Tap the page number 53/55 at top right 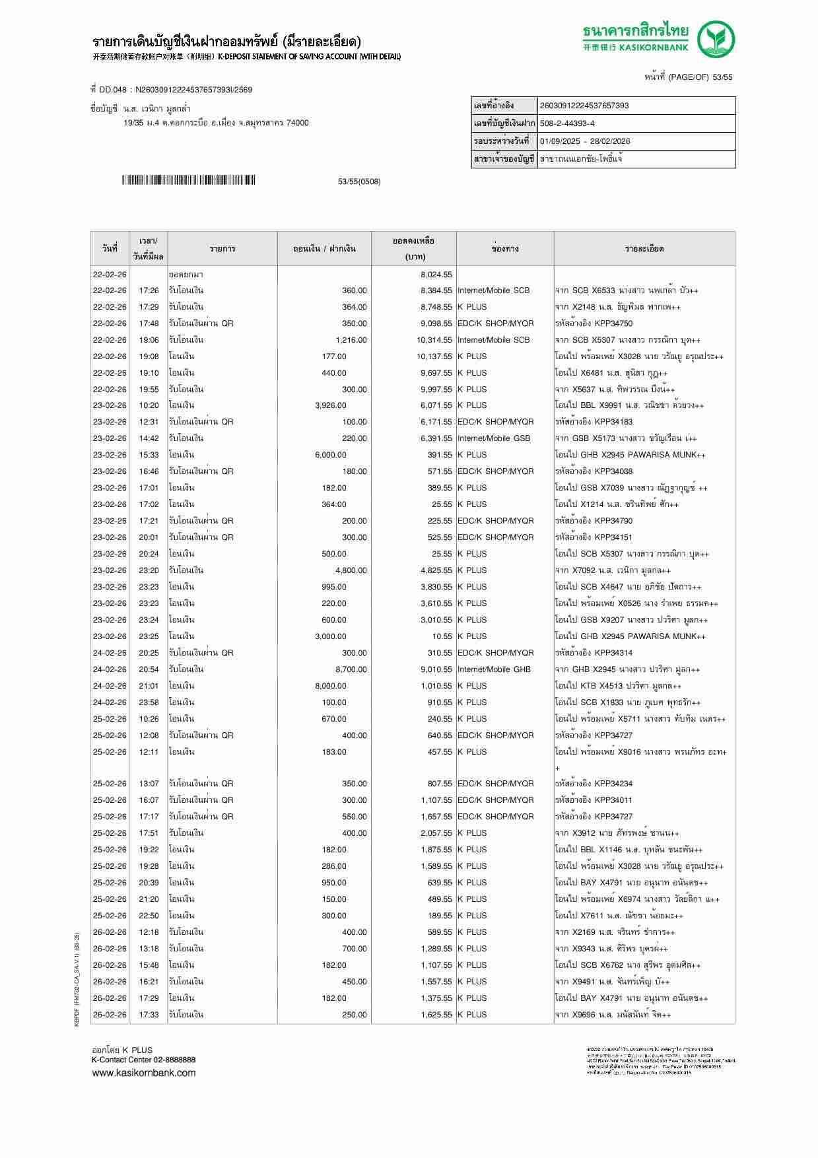720,77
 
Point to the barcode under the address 188,180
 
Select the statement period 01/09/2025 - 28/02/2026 584,141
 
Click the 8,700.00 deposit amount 351,669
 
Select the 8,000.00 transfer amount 330,686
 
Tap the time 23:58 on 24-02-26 149,702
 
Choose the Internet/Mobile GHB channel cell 494,669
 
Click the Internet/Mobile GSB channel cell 494,438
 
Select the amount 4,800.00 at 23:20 351,570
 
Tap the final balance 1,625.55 436,1015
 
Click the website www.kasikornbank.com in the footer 143,1073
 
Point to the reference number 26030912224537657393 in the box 584,106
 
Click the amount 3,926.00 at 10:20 330,405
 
